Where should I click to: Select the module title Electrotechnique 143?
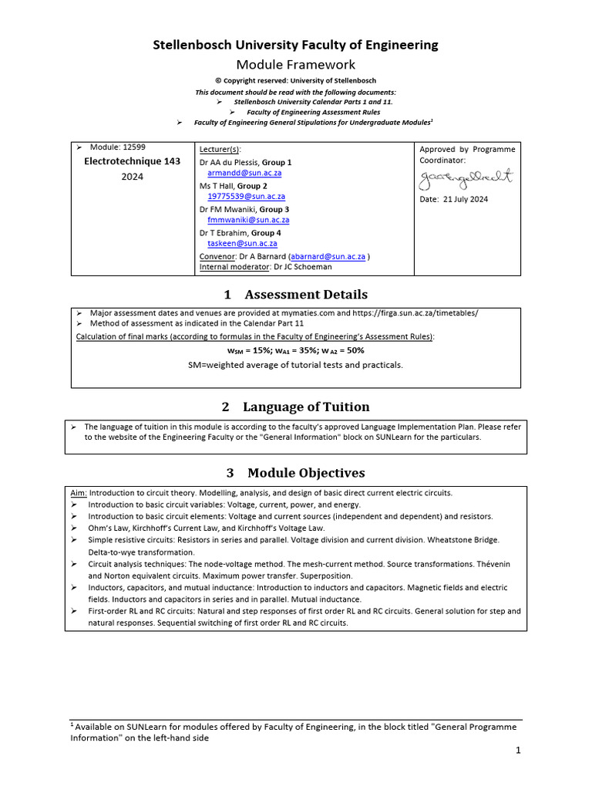(132, 161)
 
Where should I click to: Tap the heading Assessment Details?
(305, 295)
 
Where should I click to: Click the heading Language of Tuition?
(306, 407)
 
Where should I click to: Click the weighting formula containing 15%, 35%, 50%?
(295, 349)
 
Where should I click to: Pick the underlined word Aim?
(79, 493)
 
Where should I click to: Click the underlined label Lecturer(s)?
(220, 148)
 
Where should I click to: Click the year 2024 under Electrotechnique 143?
(132, 177)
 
